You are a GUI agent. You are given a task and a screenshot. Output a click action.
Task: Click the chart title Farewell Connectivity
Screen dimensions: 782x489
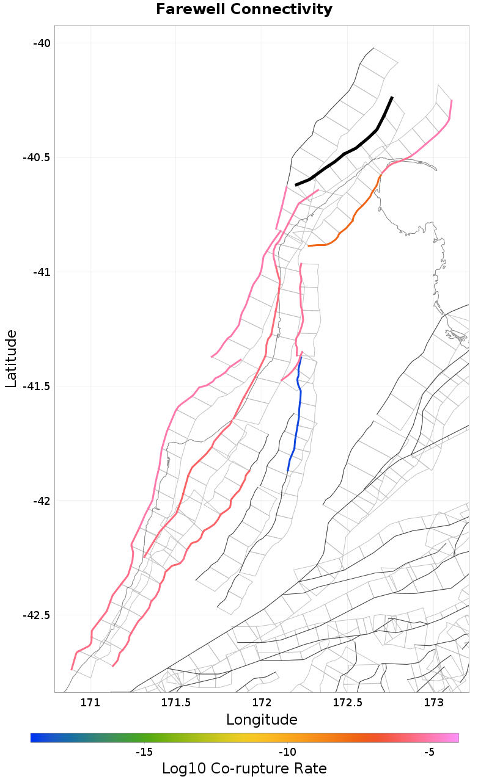tap(244, 10)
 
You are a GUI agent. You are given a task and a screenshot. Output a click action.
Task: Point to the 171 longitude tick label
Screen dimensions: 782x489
tap(90, 702)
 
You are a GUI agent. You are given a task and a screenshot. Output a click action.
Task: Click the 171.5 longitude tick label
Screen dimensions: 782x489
tap(176, 702)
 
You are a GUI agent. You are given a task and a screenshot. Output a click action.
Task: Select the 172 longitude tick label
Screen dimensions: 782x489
tap(262, 702)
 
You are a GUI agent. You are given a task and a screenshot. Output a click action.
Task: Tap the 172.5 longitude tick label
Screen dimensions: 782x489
tap(347, 702)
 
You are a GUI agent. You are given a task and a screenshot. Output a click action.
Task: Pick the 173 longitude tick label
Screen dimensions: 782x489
tap(433, 702)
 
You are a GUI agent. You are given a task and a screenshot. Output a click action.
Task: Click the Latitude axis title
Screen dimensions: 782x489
tap(11, 358)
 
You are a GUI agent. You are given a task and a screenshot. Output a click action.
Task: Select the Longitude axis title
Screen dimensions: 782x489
tap(262, 720)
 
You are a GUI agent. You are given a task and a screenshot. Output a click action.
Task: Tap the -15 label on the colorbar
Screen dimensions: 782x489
tap(144, 751)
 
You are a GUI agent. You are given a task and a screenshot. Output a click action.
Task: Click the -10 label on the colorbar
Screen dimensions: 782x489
tap(287, 751)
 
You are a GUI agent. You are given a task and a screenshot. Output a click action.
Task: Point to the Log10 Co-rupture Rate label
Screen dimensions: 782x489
tap(244, 769)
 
